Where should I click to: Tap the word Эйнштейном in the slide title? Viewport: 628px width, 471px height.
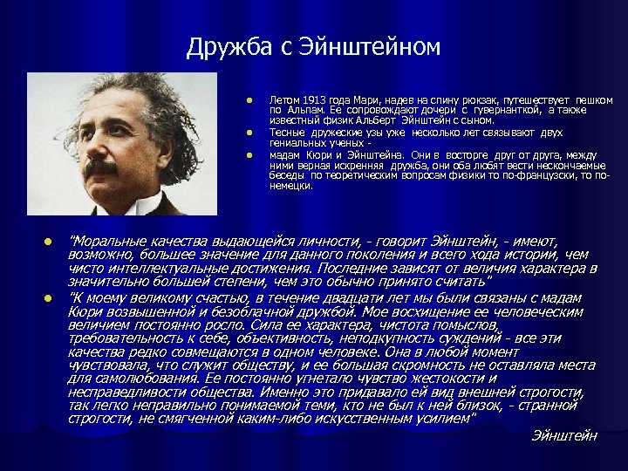tap(371, 47)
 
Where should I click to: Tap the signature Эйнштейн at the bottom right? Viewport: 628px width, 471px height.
tap(564, 435)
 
